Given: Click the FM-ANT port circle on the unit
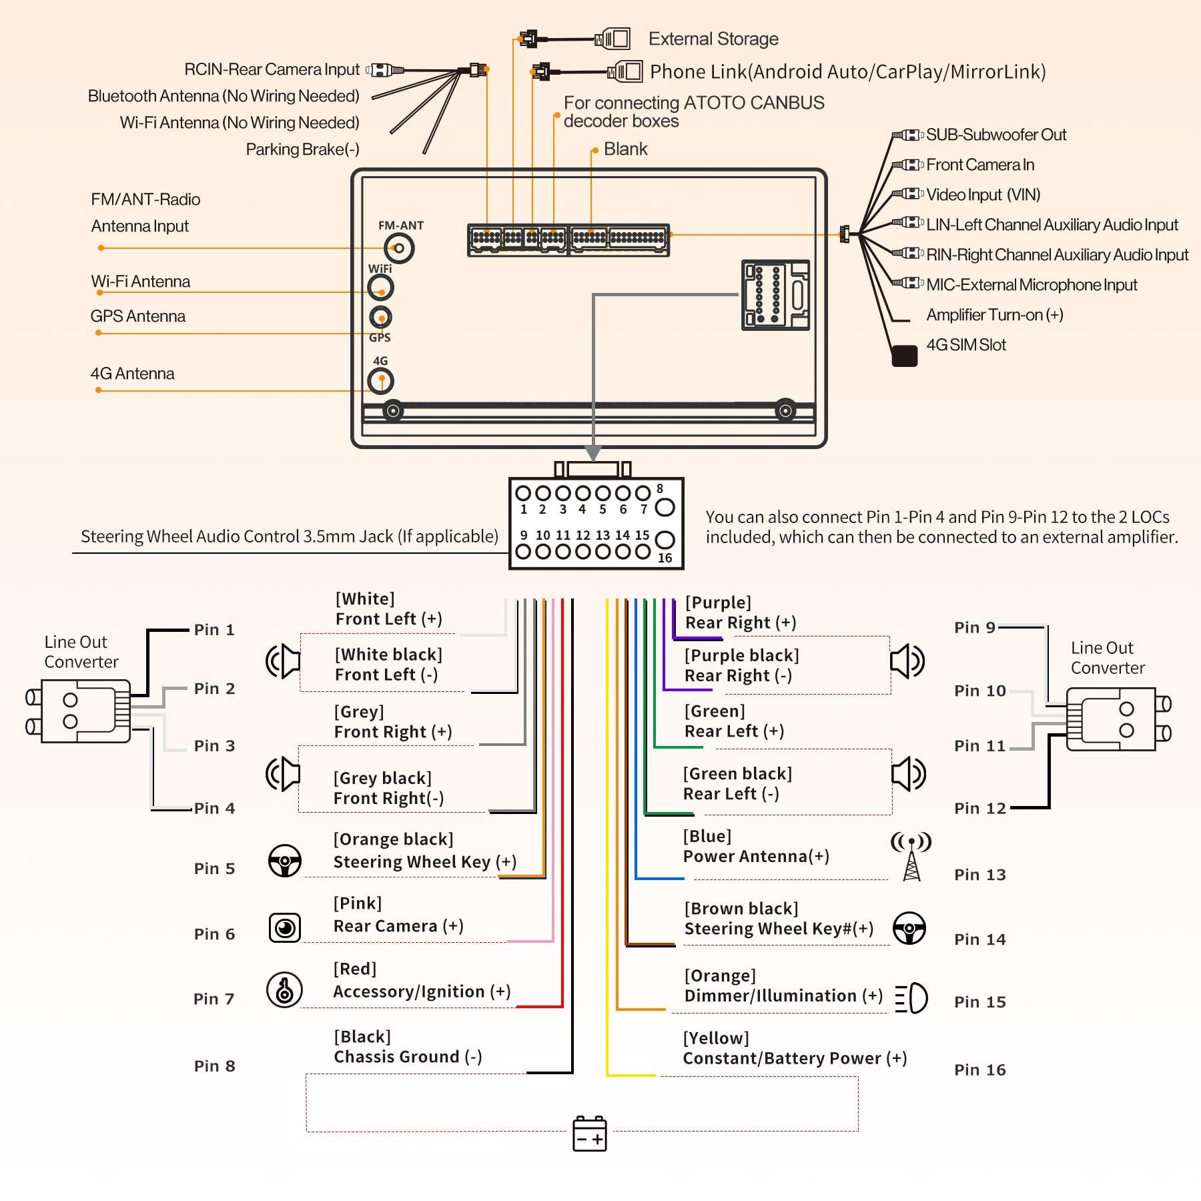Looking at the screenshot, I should [399, 249].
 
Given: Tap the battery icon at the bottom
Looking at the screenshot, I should [589, 1133].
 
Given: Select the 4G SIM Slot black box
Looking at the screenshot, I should [904, 356].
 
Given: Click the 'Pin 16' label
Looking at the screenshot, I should [979, 1070].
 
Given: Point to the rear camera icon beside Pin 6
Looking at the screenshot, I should [285, 927].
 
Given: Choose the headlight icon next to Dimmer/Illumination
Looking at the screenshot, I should [911, 998].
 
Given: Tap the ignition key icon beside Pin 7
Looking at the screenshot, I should [284, 989].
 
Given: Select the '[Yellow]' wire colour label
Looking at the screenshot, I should [716, 1038].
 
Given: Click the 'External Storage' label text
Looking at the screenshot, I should [713, 39].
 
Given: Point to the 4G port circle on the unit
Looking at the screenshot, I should [381, 381].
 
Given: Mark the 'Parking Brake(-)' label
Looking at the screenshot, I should [302, 149].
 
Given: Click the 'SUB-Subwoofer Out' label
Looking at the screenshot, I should [995, 135].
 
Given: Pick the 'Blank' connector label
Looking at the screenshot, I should [625, 149].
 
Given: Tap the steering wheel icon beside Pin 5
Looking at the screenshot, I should [285, 861].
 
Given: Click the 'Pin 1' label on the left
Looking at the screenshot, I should [214, 630].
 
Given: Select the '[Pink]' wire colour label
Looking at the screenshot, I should [358, 903].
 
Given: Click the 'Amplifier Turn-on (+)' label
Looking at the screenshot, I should [994, 315].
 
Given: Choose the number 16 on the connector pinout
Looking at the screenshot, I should [665, 558].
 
